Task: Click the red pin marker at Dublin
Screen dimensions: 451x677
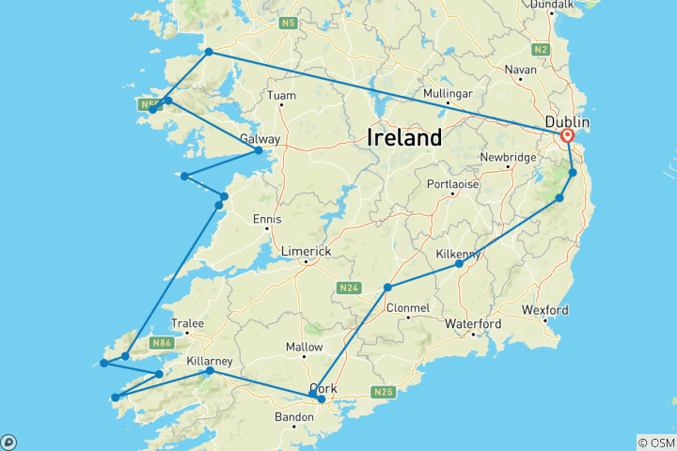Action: (567, 135)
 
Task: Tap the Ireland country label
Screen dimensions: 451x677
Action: (404, 138)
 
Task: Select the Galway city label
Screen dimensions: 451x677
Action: (260, 139)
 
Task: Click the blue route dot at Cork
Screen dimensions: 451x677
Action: (322, 399)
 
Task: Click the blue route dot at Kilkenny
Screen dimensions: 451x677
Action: (459, 264)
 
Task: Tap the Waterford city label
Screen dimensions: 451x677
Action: (473, 324)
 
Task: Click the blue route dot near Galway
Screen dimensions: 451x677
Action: (259, 150)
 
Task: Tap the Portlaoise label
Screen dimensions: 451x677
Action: (453, 184)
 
